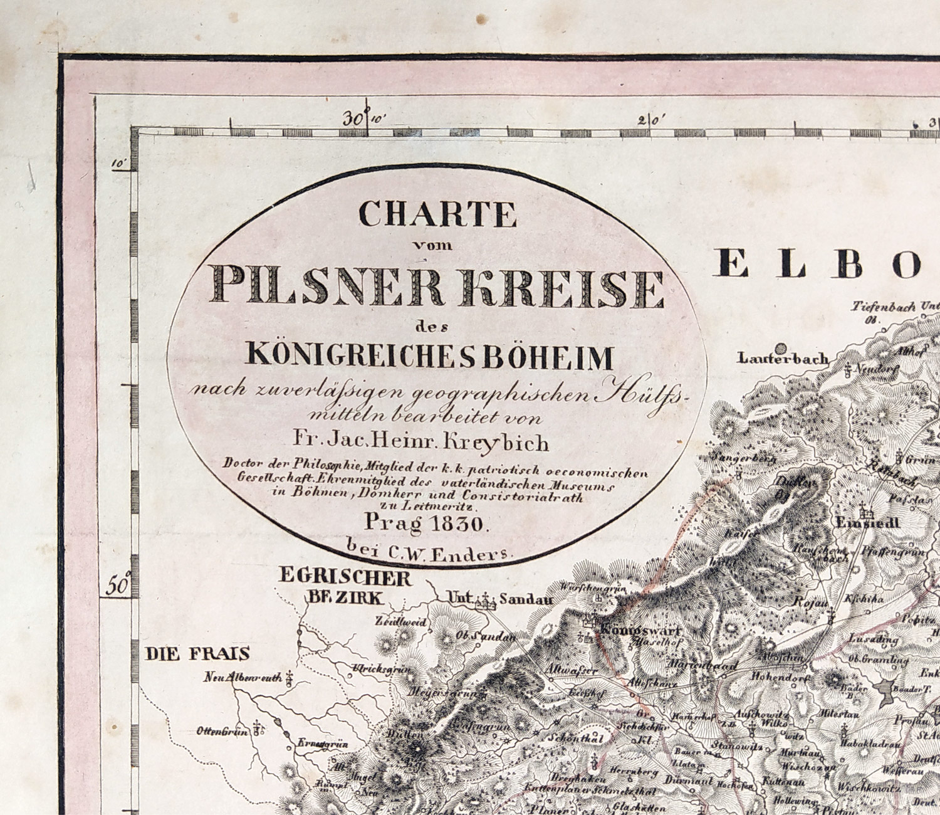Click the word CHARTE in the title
tap(437, 214)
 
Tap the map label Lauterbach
tap(783, 359)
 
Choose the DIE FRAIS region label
tap(198, 655)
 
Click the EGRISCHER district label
tap(345, 577)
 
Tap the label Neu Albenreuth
tap(241, 678)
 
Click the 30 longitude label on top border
tap(355, 118)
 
